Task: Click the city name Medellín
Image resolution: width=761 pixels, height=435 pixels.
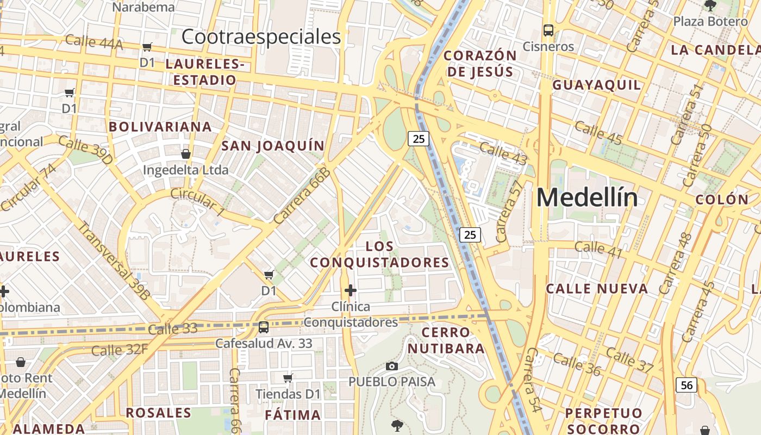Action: (587, 197)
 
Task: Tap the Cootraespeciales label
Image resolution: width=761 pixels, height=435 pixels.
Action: (261, 37)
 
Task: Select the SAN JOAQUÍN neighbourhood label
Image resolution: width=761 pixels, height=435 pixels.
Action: (273, 146)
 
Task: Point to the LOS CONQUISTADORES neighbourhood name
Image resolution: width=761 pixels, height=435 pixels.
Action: (379, 254)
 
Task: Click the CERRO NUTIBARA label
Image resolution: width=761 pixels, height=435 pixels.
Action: (446, 340)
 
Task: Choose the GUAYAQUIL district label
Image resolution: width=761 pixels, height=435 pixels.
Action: (597, 85)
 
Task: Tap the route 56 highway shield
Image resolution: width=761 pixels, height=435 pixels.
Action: (687, 385)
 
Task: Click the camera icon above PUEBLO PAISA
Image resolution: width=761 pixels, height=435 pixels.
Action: (391, 366)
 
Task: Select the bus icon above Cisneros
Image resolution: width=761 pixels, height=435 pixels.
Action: (548, 30)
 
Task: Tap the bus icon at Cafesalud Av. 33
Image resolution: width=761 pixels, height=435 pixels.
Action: (264, 327)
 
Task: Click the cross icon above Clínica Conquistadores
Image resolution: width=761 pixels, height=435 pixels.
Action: (351, 290)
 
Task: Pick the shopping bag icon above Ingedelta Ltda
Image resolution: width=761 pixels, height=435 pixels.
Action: (186, 154)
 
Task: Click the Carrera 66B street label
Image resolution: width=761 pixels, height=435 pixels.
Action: (302, 196)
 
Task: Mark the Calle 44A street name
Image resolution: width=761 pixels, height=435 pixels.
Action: (94, 42)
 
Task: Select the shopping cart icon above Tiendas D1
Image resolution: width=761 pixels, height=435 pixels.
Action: (288, 378)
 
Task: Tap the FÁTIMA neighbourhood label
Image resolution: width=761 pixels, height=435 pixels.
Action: (292, 415)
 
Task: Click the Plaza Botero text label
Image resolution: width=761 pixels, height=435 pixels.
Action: (710, 22)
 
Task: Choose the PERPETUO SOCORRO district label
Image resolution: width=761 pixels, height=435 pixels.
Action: (603, 421)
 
